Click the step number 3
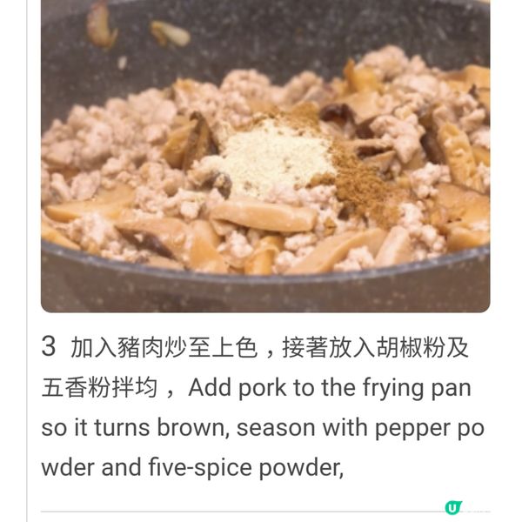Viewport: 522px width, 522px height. tap(49, 348)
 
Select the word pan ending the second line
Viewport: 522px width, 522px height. tap(451, 388)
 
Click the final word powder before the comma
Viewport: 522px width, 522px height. tap(299, 468)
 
